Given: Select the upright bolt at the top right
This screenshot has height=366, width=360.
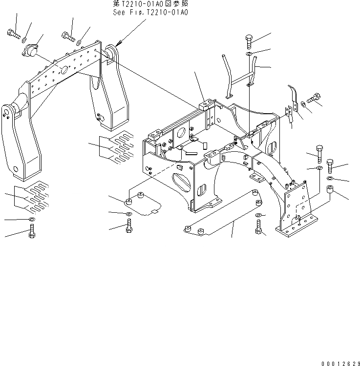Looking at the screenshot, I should pyautogui.click(x=249, y=41).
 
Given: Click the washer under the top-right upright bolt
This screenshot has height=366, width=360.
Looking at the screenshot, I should pyautogui.click(x=249, y=54).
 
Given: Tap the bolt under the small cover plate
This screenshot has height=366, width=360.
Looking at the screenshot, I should pyautogui.click(x=128, y=226).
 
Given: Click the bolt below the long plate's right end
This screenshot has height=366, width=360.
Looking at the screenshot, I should pyautogui.click(x=258, y=226).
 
